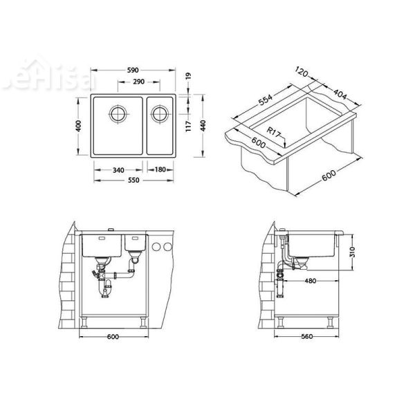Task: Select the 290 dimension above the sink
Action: pyautogui.click(x=138, y=82)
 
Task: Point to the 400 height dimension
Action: pyautogui.click(x=80, y=127)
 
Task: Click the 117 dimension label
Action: pyautogui.click(x=189, y=127)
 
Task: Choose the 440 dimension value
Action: pyautogui.click(x=202, y=127)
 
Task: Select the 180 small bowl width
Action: pyautogui.click(x=160, y=169)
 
